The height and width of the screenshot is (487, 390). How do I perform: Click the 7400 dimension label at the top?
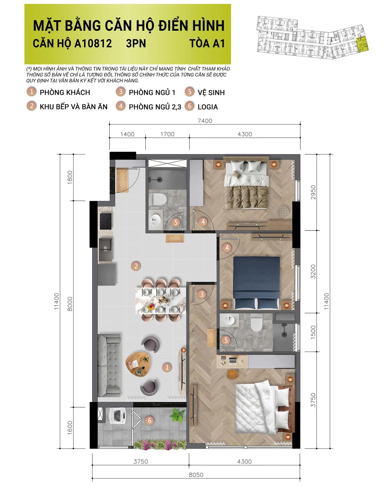(x=205, y=121)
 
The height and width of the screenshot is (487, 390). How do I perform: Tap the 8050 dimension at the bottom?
(x=196, y=475)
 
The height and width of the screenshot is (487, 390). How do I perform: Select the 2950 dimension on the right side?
(x=313, y=192)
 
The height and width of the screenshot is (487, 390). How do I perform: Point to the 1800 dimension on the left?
(x=70, y=177)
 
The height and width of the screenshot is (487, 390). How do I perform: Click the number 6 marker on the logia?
(x=150, y=420)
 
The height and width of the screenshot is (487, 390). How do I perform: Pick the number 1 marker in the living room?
(x=167, y=367)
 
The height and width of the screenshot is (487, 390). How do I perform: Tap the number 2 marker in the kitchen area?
(x=136, y=266)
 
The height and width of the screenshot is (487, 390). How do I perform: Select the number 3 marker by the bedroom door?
(x=202, y=294)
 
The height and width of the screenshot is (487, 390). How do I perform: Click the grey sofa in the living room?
(x=109, y=365)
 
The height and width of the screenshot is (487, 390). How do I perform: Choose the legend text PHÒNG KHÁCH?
(x=65, y=92)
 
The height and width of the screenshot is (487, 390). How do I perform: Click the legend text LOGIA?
(x=208, y=107)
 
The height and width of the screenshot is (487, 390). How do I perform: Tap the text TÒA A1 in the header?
(x=207, y=43)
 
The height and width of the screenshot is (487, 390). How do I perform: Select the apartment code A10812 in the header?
(x=93, y=43)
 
